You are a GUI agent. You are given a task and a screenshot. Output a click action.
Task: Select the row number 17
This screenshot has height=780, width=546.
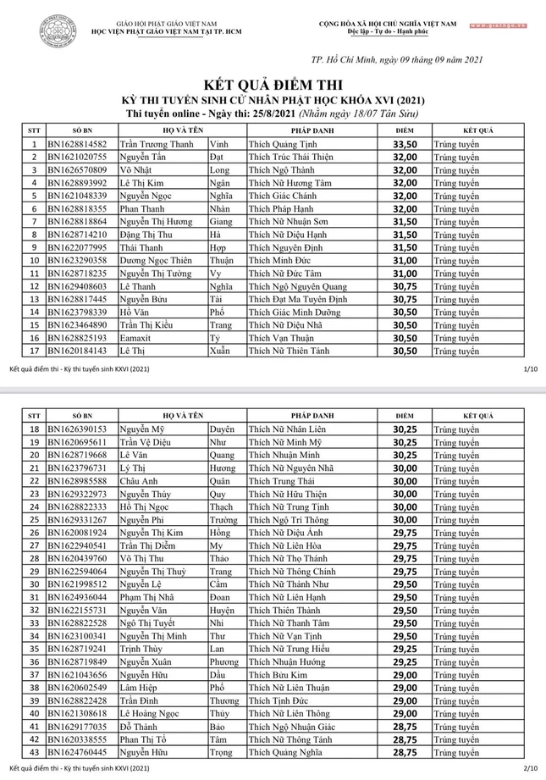(34, 350)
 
